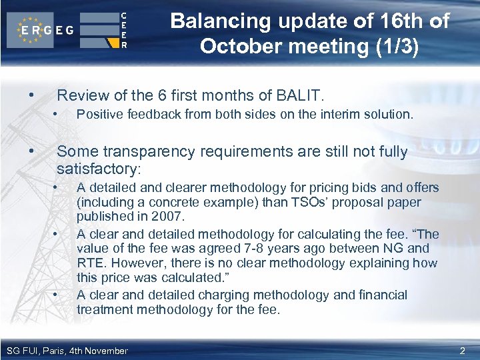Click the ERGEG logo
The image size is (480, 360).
coord(45,31)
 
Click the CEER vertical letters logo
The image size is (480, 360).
coord(124,31)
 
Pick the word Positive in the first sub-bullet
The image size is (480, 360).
coord(99,115)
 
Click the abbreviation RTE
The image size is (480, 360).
coord(89,263)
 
